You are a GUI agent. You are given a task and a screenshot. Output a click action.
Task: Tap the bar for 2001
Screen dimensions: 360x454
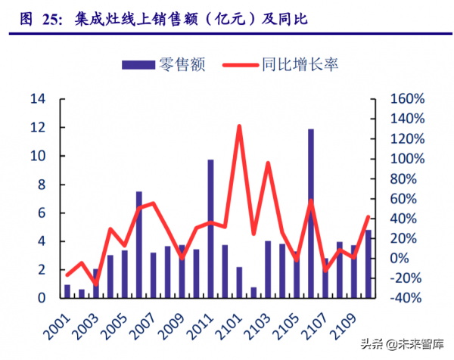pos(67,291)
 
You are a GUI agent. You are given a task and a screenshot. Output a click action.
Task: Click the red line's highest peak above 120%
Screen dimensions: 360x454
pos(238,127)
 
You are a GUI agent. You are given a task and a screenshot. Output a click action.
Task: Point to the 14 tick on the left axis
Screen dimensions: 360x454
pos(38,99)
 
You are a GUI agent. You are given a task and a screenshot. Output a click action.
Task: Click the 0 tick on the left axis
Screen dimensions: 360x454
pos(42,298)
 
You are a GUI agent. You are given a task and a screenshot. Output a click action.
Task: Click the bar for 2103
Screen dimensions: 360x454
pos(267,269)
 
